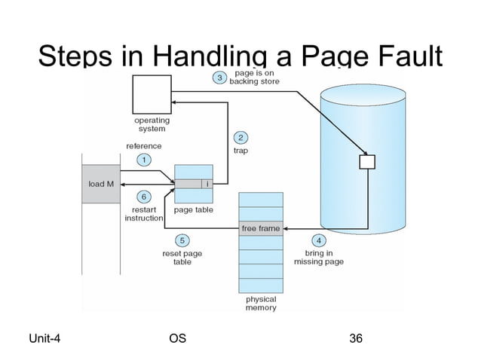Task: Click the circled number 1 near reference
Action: tap(141, 160)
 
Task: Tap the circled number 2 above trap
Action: tap(240, 137)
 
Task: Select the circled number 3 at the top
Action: tap(219, 78)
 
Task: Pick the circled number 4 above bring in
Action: tap(319, 240)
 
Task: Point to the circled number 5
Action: tap(182, 240)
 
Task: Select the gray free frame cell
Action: tap(261, 228)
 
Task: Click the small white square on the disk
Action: tap(367, 162)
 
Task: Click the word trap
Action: tap(240, 151)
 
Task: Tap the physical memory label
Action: tap(261, 303)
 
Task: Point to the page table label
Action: tap(193, 210)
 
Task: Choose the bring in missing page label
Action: tap(318, 257)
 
